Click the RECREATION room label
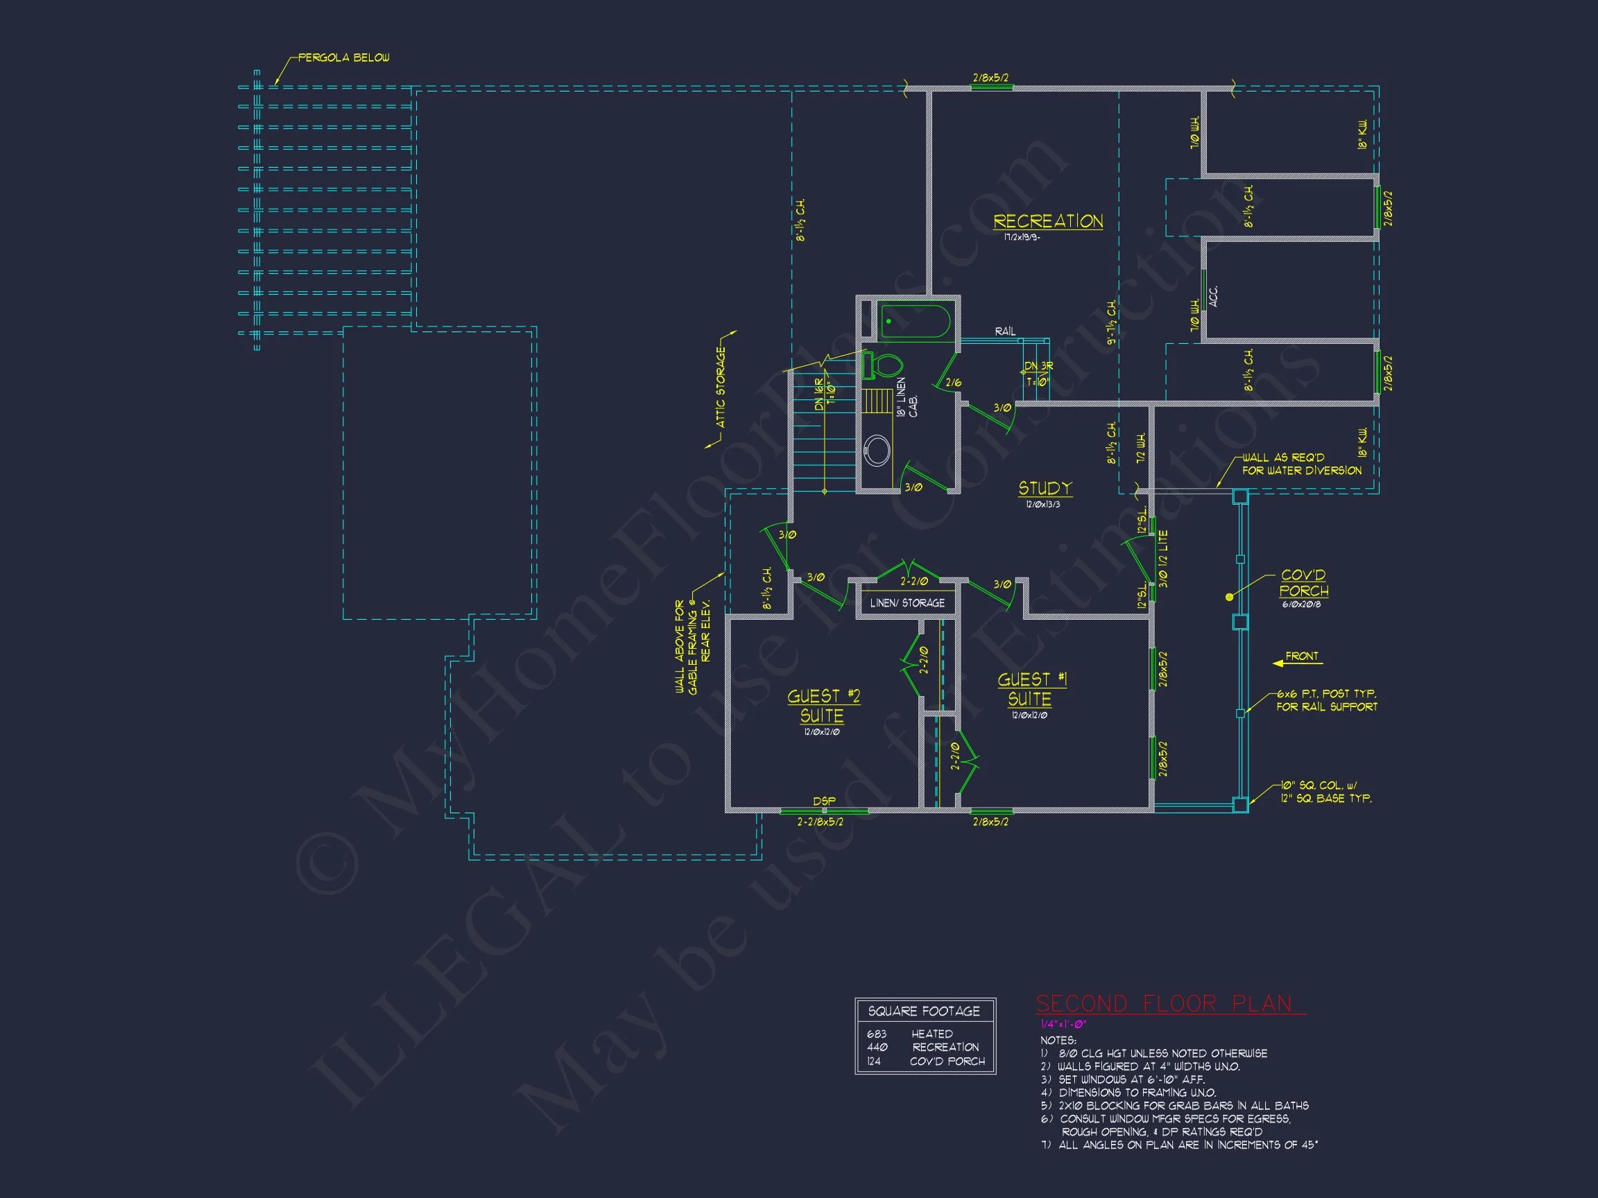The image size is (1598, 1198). pos(1047,221)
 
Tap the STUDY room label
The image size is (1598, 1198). pos(1045,488)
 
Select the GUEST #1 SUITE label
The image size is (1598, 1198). pos(1031,689)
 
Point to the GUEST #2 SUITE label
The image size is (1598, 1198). pos(823,706)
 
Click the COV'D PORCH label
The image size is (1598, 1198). pos(1303,583)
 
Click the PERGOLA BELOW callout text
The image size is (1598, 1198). pos(343,58)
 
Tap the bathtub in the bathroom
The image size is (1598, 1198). pos(915,322)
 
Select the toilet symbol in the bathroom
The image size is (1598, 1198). pos(883,365)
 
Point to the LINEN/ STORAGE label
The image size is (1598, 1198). pos(907,602)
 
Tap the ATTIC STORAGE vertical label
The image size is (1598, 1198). pos(720,387)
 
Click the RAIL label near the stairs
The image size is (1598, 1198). pos(1004,331)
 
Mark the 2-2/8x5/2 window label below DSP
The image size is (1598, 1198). pos(820,822)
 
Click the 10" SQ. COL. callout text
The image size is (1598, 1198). pos(1325,792)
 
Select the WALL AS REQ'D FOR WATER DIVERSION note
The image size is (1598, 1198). pos(1301,464)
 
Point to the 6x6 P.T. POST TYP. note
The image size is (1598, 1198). pos(1326,700)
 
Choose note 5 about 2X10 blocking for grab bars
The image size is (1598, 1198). pos(1175,1105)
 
